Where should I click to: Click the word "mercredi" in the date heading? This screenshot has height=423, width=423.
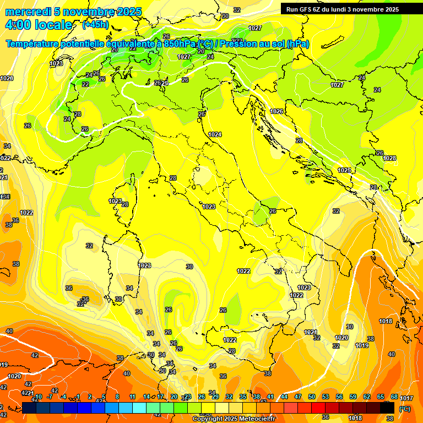tap(28, 12)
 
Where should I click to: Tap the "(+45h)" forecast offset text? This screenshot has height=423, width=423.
tap(95, 25)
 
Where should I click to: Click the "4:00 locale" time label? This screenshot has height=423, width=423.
tap(39, 25)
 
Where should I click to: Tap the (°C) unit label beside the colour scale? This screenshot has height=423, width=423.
tap(404, 408)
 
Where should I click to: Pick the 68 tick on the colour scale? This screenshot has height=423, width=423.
tap(394, 397)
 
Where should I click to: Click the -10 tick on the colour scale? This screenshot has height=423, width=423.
tap(38, 397)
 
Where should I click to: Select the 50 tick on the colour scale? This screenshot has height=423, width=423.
tap(312, 397)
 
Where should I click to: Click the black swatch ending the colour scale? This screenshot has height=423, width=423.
tap(387, 408)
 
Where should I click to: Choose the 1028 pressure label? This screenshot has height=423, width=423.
tap(389, 158)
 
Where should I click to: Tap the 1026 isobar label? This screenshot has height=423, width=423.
tap(276, 111)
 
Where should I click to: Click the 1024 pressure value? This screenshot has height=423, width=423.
tap(215, 134)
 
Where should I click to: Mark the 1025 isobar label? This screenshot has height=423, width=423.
tap(345, 170)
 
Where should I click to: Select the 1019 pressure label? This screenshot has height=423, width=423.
tap(362, 345)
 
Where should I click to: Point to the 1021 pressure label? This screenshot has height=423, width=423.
tap(311, 332)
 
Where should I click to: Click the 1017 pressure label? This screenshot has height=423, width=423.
tap(406, 398)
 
